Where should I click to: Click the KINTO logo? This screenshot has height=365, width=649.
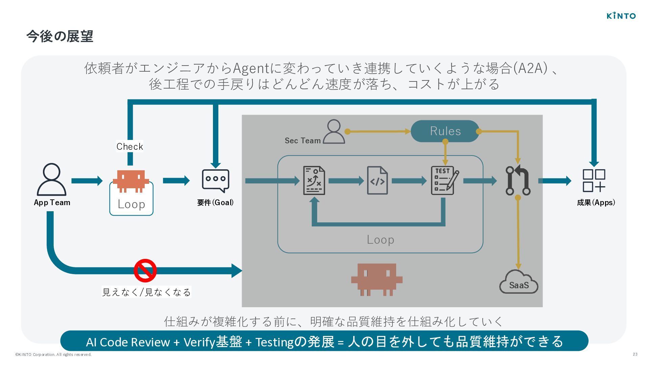(x=621, y=16)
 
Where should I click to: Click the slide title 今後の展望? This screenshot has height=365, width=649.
(x=60, y=36)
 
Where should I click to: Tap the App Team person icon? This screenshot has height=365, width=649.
(x=52, y=179)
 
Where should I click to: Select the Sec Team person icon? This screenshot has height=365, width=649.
(x=334, y=131)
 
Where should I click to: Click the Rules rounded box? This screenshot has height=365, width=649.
(x=445, y=131)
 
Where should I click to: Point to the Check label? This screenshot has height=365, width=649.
(x=130, y=146)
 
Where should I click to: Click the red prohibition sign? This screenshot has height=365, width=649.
(x=145, y=270)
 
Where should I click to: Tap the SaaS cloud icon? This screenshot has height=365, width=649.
(x=519, y=282)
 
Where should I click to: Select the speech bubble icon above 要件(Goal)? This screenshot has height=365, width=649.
(x=215, y=181)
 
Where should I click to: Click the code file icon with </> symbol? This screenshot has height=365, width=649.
(x=377, y=180)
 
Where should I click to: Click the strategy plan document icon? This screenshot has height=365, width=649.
(x=314, y=180)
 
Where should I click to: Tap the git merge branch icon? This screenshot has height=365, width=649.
(x=518, y=180)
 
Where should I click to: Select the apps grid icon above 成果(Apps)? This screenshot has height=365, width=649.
(x=594, y=180)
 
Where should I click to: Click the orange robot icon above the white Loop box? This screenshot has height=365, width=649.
(x=131, y=181)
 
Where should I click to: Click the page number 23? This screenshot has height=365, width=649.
(x=635, y=354)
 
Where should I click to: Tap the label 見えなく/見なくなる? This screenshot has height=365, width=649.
(x=146, y=292)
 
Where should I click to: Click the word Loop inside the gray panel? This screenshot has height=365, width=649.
(x=380, y=240)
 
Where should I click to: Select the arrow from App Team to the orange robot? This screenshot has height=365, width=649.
(x=87, y=181)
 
